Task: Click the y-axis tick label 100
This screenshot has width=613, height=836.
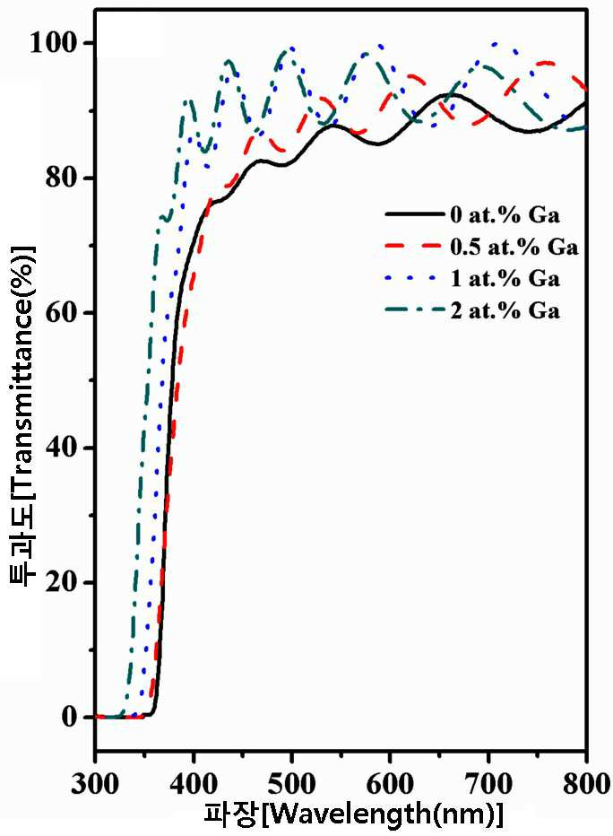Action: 55,43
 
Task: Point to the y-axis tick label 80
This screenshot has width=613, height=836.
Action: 64,178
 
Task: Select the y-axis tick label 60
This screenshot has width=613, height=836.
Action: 64,312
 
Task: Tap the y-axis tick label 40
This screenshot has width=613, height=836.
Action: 64,448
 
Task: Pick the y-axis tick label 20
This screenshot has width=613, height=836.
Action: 64,582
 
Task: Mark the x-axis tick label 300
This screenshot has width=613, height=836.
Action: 97,784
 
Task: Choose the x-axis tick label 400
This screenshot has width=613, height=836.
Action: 194,784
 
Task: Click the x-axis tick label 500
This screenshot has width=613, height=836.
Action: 291,784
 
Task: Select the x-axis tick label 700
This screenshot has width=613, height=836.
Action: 488,784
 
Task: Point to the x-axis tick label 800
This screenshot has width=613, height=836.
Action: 585,784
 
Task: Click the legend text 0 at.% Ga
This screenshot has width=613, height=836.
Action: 505,215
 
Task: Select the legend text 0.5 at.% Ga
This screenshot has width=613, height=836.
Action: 514,247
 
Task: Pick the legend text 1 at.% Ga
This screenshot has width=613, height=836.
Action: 505,278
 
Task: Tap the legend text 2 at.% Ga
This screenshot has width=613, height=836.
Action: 505,310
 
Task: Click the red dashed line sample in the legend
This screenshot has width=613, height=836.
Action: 414,247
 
